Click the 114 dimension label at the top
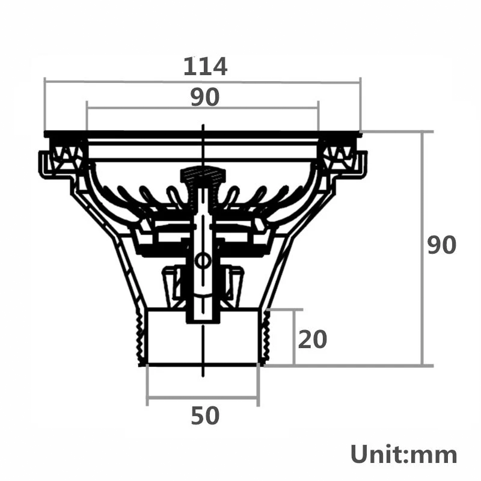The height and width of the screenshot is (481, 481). tap(205, 66)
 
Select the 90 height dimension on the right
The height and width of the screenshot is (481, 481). tap(442, 245)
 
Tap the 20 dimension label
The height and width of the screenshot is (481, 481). tap(313, 340)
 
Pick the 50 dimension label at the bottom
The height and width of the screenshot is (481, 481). tap(205, 415)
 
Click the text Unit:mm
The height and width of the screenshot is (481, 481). tap(403, 454)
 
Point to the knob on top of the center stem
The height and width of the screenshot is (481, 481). tap(203, 176)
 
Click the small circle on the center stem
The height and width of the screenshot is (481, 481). tap(203, 261)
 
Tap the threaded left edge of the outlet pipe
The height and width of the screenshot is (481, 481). tap(142, 337)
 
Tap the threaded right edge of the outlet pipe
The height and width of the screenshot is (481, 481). tap(263, 337)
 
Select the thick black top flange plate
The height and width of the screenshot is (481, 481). tap(203, 133)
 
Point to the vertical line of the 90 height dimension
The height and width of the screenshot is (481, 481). tap(423, 198)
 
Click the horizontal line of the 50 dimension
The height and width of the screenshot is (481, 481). tap(203, 397)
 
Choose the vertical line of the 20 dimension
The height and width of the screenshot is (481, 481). tap(294, 337)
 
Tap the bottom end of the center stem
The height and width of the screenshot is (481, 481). tap(203, 319)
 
